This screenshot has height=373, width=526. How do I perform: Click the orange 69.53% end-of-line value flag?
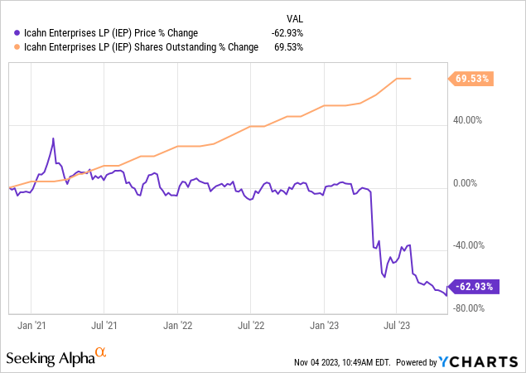[472, 79]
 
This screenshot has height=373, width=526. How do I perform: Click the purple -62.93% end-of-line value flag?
[472, 287]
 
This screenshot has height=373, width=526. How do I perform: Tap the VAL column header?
[294, 17]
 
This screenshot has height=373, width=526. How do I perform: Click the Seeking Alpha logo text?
[50, 358]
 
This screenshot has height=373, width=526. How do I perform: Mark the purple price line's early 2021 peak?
[53, 138]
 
